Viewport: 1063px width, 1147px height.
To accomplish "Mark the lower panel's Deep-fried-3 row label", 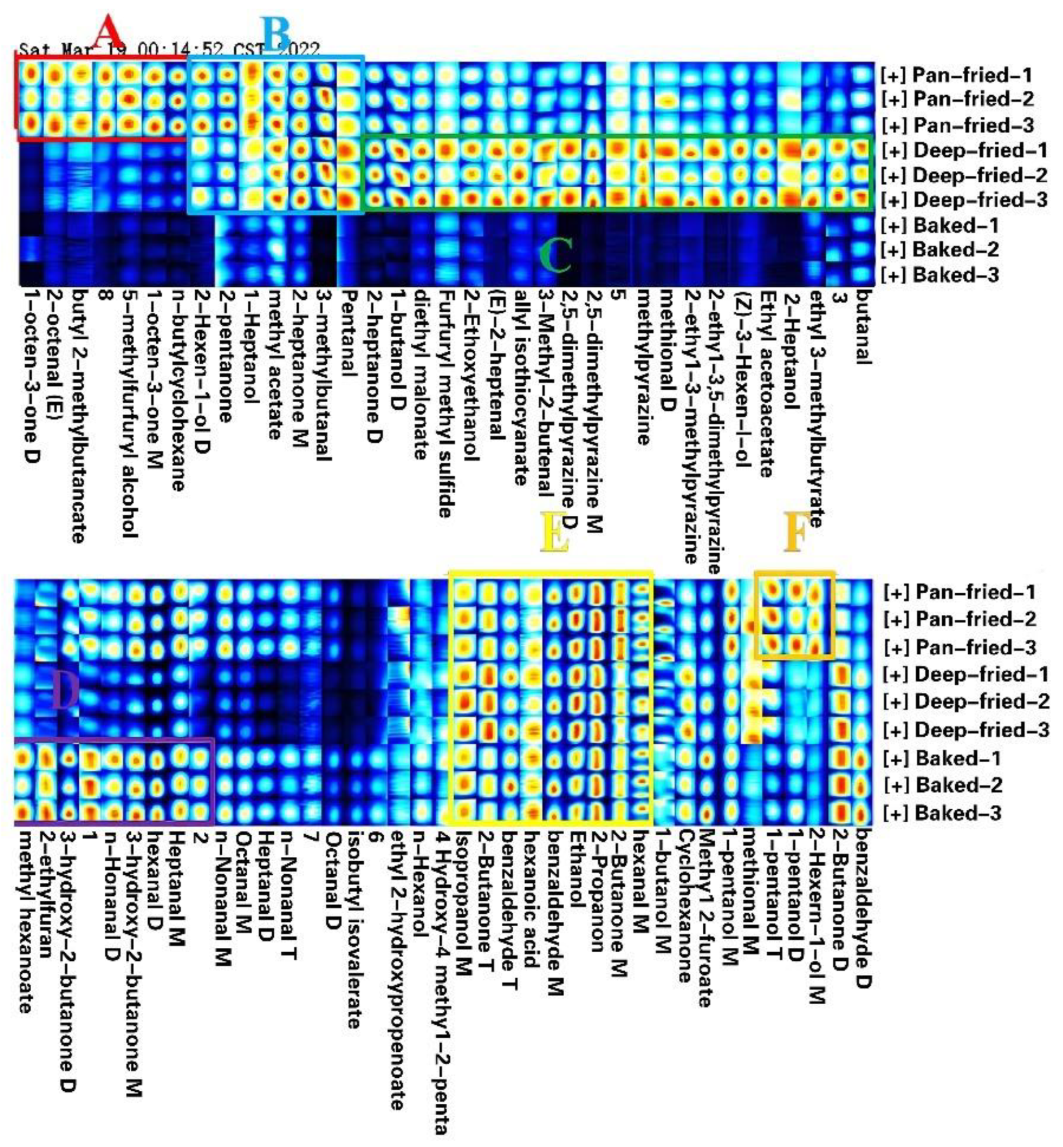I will (966, 730).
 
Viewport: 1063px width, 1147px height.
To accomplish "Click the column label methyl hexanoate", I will (23, 920).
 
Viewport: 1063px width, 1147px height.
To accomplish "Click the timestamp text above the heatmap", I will (169, 50).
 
